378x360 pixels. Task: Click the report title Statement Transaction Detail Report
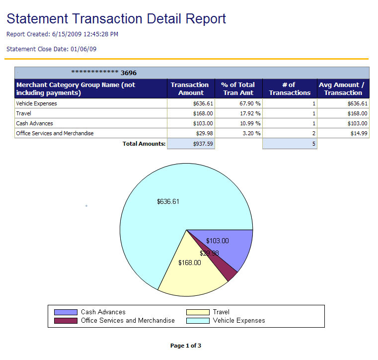point(116,19)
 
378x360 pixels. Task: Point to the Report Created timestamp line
point(62,34)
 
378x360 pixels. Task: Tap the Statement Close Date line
point(51,49)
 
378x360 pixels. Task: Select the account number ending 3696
point(104,73)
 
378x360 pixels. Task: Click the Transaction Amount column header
point(190,89)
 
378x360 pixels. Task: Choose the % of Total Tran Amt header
point(238,89)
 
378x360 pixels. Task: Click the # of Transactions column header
point(290,89)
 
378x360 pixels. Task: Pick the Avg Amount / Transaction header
point(343,89)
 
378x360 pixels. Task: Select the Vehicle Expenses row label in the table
point(36,104)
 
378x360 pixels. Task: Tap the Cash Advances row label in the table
point(34,123)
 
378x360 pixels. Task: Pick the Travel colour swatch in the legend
point(198,312)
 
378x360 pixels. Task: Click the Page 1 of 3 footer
point(185,346)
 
